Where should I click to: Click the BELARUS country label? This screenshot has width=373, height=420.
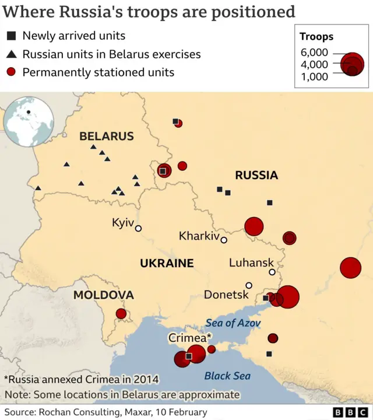pyautogui.click(x=107, y=136)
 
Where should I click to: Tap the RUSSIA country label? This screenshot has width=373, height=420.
pyautogui.click(x=256, y=175)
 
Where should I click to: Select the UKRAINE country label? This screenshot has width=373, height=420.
pyautogui.click(x=167, y=263)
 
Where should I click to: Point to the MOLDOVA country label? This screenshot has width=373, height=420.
pyautogui.click(x=103, y=295)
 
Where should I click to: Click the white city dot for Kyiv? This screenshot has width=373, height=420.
pyautogui.click(x=138, y=228)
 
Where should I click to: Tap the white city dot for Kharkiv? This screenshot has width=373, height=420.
pyautogui.click(x=224, y=240)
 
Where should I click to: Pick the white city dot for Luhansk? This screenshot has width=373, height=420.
pyautogui.click(x=272, y=272)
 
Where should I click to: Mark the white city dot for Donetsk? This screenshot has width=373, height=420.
pyautogui.click(x=249, y=285)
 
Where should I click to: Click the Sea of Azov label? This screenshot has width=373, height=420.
pyautogui.click(x=233, y=323)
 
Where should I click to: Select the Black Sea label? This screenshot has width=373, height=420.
pyautogui.click(x=227, y=376)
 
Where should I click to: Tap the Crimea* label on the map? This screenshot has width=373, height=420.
pyautogui.click(x=190, y=338)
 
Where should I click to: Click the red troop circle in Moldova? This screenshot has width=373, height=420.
pyautogui.click(x=121, y=314)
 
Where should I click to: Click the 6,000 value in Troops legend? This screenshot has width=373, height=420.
pyautogui.click(x=314, y=52)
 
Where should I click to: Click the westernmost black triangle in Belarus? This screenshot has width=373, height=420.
pyautogui.click(x=38, y=188)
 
